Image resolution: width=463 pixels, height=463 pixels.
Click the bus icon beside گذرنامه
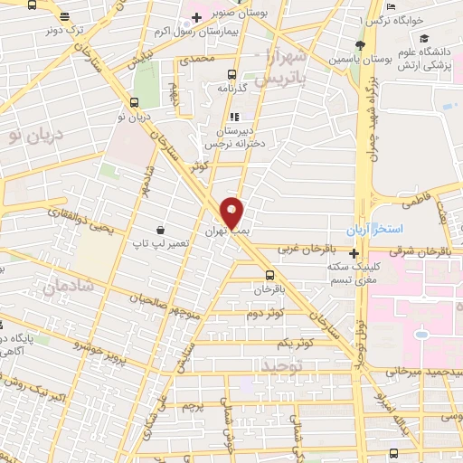click(233, 75)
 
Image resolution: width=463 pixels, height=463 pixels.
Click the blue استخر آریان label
click(378, 230)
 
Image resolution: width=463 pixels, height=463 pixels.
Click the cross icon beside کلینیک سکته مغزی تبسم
click(354, 253)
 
